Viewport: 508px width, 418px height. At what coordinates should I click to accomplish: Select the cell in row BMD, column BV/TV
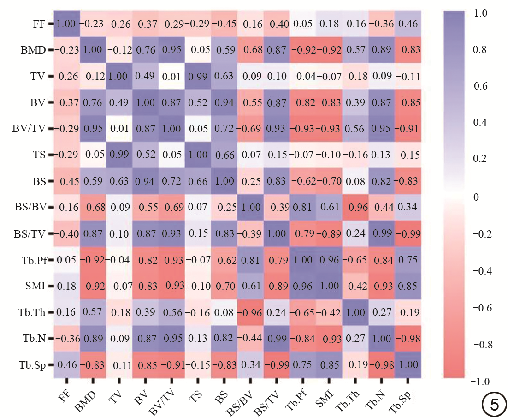point(171,50)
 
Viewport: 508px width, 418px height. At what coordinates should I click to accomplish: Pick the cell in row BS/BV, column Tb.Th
point(355,208)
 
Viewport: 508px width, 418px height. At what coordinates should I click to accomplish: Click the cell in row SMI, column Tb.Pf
point(302,287)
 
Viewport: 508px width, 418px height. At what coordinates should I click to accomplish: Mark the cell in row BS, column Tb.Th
point(355,181)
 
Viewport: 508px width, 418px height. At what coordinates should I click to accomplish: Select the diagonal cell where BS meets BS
point(224,181)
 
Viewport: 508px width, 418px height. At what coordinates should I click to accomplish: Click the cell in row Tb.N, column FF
point(66,339)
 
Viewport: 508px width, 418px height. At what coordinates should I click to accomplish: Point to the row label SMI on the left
point(35,287)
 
